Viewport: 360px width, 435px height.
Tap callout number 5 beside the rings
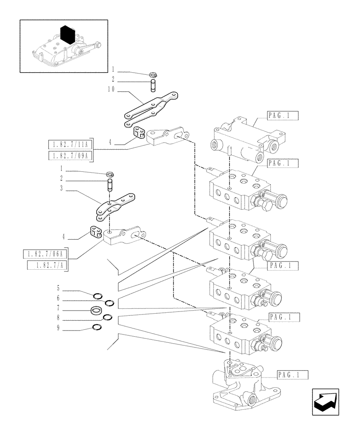[58, 288]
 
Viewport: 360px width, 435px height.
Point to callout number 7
[58, 310]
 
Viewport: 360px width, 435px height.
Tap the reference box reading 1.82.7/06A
[45, 254]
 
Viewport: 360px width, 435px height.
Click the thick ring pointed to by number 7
[97, 310]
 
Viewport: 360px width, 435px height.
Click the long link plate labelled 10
[150, 108]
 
